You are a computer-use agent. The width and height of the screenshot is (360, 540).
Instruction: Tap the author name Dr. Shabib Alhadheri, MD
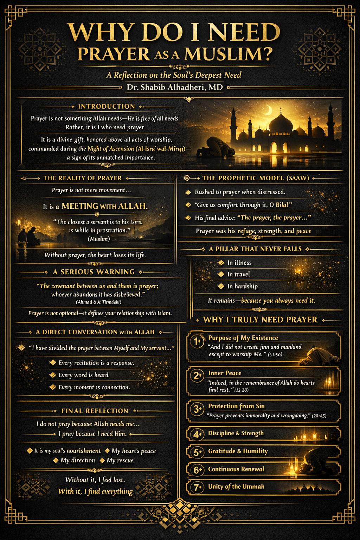point(175,87)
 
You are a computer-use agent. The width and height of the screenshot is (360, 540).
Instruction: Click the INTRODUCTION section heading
point(106,106)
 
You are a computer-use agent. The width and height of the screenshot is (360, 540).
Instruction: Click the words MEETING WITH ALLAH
point(104,206)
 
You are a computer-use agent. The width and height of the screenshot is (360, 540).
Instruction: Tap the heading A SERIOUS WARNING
point(94,272)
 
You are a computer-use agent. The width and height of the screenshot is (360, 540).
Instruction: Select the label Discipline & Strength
point(236,433)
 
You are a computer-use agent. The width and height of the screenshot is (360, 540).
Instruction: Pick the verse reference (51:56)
point(275,354)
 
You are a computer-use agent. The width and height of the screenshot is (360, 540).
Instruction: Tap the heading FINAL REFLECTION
point(95,411)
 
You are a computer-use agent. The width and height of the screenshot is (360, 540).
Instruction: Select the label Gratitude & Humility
point(238,451)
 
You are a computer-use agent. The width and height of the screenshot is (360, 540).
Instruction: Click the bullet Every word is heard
point(83,375)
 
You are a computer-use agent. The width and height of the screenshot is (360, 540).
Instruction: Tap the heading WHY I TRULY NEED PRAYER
point(260,320)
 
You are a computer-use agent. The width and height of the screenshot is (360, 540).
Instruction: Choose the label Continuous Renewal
point(236,469)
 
